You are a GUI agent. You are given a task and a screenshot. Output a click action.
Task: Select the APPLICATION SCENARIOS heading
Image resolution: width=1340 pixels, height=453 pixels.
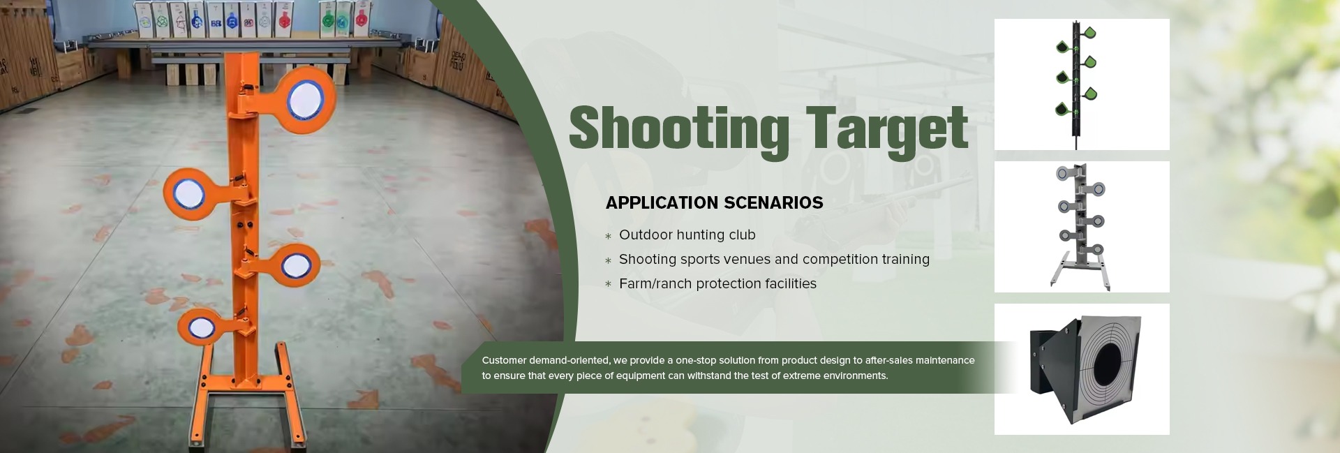(714, 202)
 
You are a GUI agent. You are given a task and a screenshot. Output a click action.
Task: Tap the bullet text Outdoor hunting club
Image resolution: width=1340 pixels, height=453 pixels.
(687, 235)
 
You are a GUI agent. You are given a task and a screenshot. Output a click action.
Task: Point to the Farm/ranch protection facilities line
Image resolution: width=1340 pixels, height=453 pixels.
(717, 284)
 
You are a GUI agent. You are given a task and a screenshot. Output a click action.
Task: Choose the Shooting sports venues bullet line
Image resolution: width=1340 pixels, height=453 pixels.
(774, 260)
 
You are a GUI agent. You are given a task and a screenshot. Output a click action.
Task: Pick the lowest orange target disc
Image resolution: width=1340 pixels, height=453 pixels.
(200, 326)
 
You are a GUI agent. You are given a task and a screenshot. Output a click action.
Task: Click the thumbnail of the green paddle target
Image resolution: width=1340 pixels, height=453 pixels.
(1082, 84)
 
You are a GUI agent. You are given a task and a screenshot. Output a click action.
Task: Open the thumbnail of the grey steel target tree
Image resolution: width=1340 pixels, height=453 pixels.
(1082, 227)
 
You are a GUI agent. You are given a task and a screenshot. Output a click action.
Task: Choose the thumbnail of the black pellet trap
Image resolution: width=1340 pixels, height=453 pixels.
(1082, 369)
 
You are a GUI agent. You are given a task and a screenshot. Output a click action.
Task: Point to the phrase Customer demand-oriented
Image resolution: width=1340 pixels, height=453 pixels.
(545, 360)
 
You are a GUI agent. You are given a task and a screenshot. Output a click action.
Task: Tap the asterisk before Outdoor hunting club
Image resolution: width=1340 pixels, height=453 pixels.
(608, 237)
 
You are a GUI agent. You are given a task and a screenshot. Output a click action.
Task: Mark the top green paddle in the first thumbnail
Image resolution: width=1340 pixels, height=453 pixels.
(1088, 33)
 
